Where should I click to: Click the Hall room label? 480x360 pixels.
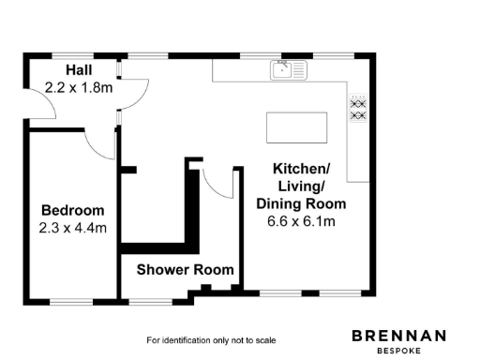(78, 71)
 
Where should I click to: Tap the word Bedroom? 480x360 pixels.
(72, 210)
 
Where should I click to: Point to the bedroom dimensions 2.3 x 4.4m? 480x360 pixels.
(72, 227)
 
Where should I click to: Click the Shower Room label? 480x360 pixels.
(185, 270)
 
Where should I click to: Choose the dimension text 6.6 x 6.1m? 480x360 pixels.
(301, 221)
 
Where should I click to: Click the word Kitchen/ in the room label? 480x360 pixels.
(301, 169)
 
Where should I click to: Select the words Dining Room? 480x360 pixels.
(301, 203)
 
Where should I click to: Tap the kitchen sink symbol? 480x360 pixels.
(288, 69)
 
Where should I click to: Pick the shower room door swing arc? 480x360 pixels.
(219, 186)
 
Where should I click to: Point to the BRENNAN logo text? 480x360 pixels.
(398, 335)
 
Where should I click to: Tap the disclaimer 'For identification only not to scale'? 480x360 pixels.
(211, 339)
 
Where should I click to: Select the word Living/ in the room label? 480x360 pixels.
(301, 187)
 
